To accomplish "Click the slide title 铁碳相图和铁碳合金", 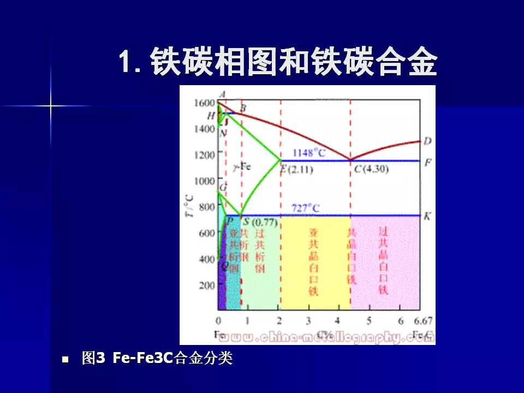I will (x=278, y=61).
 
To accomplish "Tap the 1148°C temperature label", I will (x=309, y=153).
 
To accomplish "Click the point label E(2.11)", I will (x=296, y=169).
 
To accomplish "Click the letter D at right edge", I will (x=427, y=141).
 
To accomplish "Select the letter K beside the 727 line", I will (x=427, y=216).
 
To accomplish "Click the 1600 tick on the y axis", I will (x=204, y=103).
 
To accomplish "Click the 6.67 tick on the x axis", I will (x=423, y=320).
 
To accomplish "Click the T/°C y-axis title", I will (x=188, y=208).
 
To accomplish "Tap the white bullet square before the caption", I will (x=65, y=360).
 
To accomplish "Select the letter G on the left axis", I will (x=223, y=187).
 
